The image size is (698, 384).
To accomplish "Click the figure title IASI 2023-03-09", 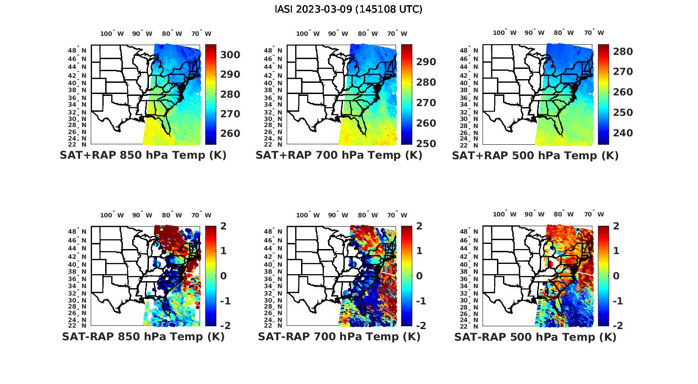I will pos(349,9).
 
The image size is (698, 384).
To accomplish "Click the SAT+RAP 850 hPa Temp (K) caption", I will pos(143,155).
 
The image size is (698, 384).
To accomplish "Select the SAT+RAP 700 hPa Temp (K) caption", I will pos(339,155).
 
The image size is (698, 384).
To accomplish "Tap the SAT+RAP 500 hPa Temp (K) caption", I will pos(535,155).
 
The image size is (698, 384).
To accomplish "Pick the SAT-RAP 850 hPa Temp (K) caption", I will pos(143,337).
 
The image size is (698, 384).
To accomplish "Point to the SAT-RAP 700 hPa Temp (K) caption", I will pos(339,337).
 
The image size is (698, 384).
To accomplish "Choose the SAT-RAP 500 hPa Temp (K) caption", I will pos(535,337).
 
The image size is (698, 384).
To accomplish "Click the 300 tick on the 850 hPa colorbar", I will pos(230,55).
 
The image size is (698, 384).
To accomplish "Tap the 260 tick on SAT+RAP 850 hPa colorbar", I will pos(230,134).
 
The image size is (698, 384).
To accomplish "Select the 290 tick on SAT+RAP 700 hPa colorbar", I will pos(426,62).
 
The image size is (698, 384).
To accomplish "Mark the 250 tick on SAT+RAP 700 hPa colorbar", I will pos(426,144).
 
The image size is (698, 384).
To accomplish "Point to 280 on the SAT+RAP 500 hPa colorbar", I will pos(623,52).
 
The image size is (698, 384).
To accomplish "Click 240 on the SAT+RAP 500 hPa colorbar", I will pos(623,133).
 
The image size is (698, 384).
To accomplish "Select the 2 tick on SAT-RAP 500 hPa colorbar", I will pos(617,226).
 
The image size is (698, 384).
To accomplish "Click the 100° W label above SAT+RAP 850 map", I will pos(112,34).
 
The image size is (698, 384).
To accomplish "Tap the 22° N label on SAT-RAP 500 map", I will pos(472,325).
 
